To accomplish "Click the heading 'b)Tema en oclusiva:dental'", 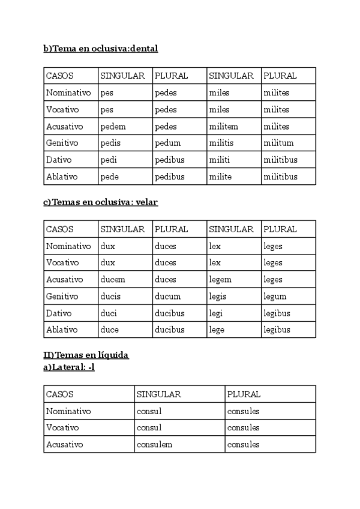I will click(100, 49).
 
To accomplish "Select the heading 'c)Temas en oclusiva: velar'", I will click(100, 202).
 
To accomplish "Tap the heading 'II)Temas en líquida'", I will click(86, 355).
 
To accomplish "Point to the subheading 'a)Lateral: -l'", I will click(68, 367).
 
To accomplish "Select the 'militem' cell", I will click(223, 127).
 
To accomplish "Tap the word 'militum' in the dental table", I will click(278, 143).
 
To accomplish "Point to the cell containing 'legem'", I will click(220, 280).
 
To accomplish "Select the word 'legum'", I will click(275, 297).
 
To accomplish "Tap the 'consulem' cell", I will click(154, 445).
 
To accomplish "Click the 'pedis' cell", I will click(110, 143).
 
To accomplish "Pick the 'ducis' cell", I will click(110, 297).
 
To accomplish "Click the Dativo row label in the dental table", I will click(58, 160).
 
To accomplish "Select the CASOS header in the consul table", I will click(60, 394).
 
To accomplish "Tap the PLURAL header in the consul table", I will click(244, 394).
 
